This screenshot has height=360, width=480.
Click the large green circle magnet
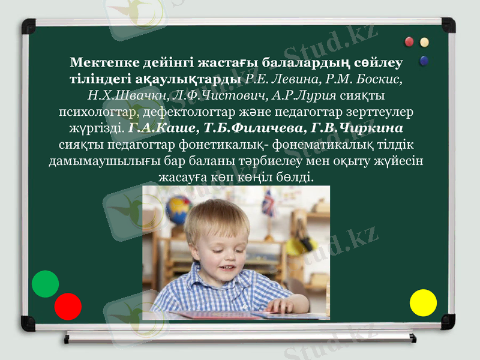pos(45,284)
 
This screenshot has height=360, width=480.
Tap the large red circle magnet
pos(68,306)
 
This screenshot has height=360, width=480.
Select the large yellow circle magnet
pos(423,302)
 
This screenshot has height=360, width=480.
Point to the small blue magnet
pos(425,60)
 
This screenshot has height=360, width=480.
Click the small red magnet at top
pos(410,42)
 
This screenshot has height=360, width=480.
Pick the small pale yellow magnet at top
pos(425,42)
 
